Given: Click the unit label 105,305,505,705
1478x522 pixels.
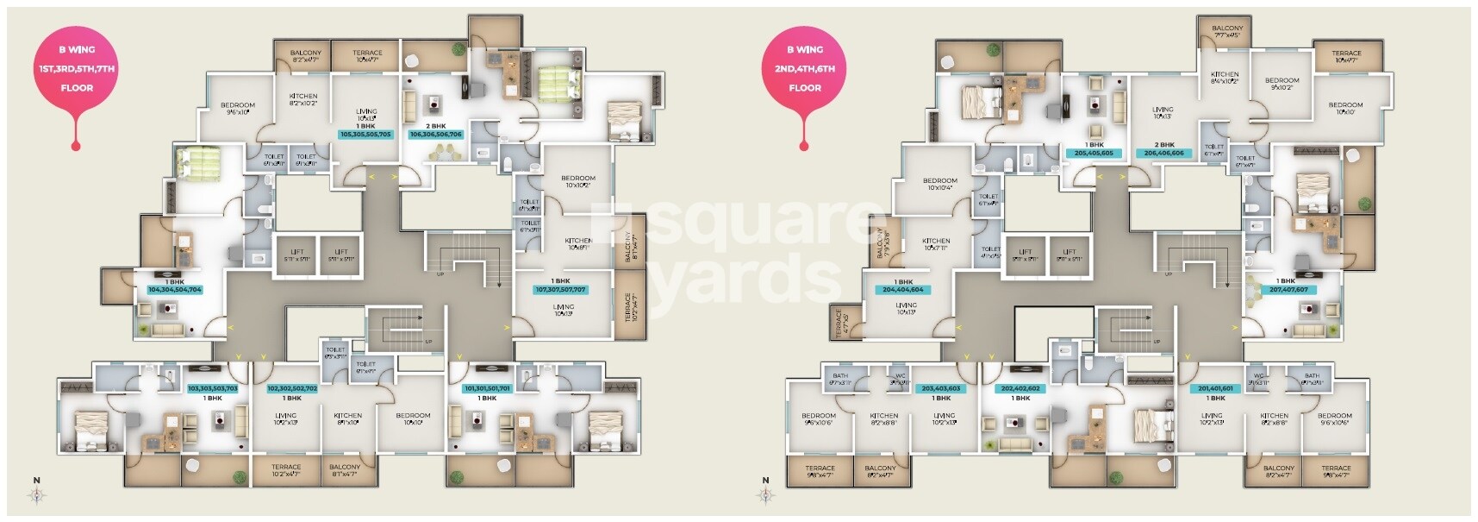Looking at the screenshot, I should (365, 135).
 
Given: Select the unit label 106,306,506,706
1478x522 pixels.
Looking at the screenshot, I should (436, 135).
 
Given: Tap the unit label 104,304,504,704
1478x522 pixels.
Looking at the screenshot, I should (175, 290).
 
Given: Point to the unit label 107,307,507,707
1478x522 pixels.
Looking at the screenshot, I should (560, 290).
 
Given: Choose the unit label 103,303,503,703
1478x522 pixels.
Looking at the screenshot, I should (213, 389).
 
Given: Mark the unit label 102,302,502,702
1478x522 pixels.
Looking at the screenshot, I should (292, 389).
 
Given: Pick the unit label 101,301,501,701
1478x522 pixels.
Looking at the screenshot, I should (488, 389).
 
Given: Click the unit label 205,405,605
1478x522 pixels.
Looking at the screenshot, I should (1094, 154).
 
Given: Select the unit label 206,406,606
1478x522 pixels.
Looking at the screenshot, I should (1163, 154).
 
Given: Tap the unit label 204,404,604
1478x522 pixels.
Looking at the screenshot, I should (903, 290).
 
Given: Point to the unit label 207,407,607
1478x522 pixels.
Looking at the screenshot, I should (1288, 290).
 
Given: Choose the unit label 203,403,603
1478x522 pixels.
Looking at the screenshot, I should (941, 389).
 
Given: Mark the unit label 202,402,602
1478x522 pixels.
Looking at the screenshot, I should (1020, 389).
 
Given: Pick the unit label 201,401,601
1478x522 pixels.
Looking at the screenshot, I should (1216, 389).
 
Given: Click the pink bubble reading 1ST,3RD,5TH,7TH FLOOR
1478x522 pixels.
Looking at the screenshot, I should (77, 69).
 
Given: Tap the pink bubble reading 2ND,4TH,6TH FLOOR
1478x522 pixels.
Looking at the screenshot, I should (805, 69).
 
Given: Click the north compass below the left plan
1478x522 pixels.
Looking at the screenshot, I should (37, 494).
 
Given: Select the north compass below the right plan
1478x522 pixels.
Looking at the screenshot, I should (765, 494).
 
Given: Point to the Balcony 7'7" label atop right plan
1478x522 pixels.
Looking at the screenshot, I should (1227, 32).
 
